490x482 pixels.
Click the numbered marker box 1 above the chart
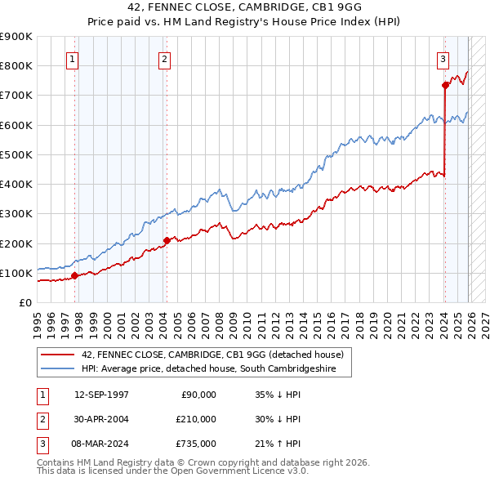click(x=73, y=59)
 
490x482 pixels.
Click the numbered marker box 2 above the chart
click(x=164, y=59)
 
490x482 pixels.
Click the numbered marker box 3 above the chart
click(x=443, y=59)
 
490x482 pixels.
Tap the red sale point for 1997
click(x=74, y=275)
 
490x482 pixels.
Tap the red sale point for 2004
click(x=166, y=240)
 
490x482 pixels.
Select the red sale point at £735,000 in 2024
click(x=445, y=84)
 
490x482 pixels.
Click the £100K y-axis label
click(x=16, y=273)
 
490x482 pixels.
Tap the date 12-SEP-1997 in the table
click(x=101, y=395)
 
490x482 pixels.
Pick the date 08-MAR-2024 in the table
click(x=101, y=444)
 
